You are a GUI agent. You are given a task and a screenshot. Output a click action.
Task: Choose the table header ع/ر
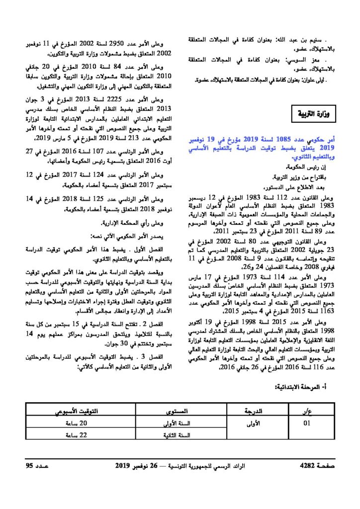pos(306,412)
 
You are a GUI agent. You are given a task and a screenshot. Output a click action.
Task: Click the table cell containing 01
pos(306,424)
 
